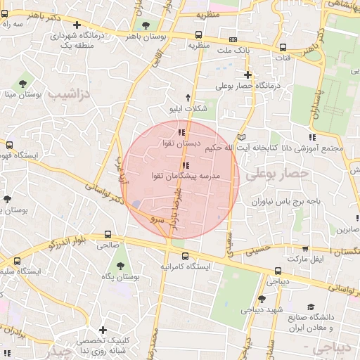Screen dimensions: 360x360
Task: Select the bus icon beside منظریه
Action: point(199,34)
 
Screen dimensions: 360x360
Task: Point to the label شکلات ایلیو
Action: point(188,109)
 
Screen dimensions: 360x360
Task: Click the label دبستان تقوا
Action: point(176,143)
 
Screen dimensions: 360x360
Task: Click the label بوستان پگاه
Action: point(117,277)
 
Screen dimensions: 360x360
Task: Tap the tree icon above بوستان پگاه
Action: point(121,265)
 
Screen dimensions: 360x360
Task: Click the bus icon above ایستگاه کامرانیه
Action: point(184,256)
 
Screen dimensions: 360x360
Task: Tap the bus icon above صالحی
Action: point(107,235)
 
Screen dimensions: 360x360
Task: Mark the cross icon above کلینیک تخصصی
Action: point(103,330)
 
